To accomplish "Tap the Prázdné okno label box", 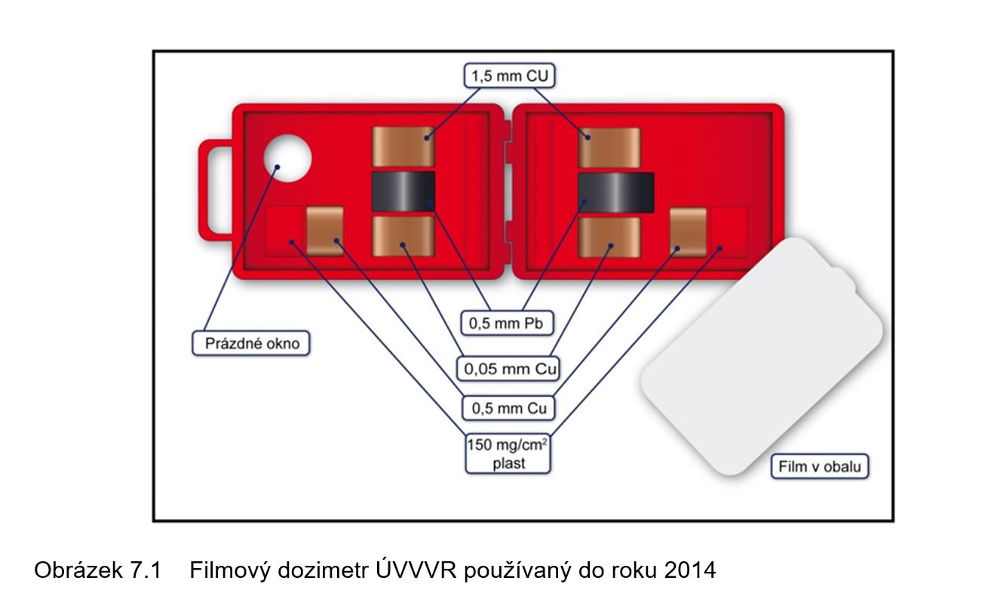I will click(252, 343).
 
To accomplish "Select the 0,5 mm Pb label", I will click(506, 324).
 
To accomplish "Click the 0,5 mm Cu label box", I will click(508, 408).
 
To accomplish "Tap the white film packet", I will click(762, 355).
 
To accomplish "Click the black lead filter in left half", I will click(403, 191).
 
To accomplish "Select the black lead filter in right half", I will click(616, 192).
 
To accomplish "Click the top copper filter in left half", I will click(404, 146).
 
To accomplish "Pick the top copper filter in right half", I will click(609, 146).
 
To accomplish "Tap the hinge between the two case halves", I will click(508, 192).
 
